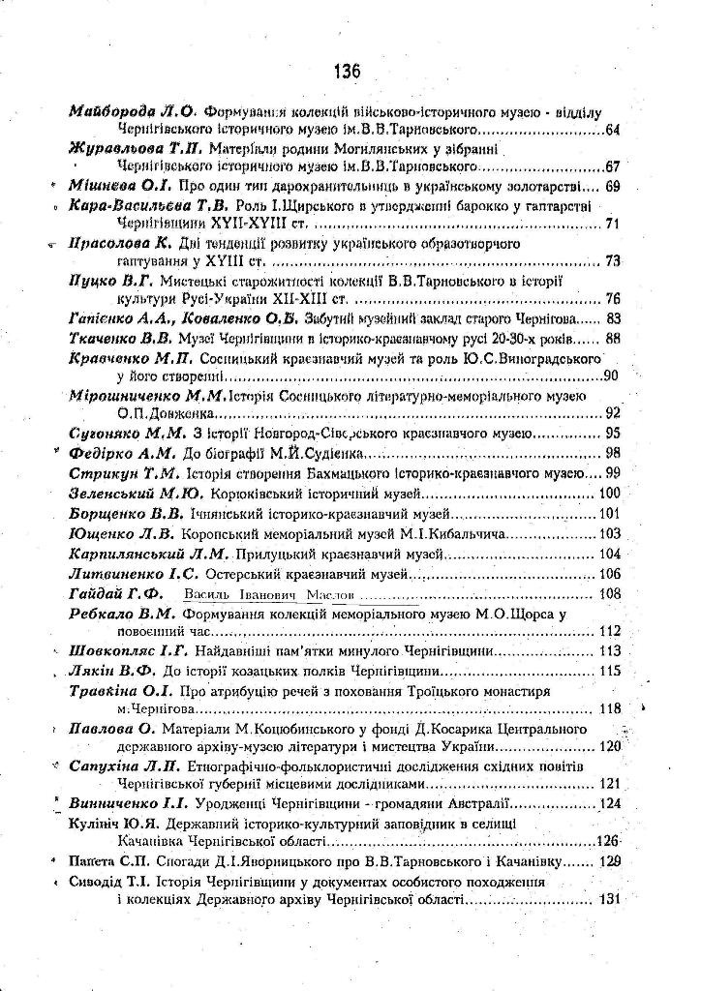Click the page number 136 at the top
pyautogui.click(x=346, y=72)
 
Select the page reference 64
pyautogui.click(x=612, y=129)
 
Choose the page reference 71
pyautogui.click(x=612, y=225)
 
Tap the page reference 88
pyautogui.click(x=612, y=338)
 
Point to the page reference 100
pyautogui.click(x=610, y=494)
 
